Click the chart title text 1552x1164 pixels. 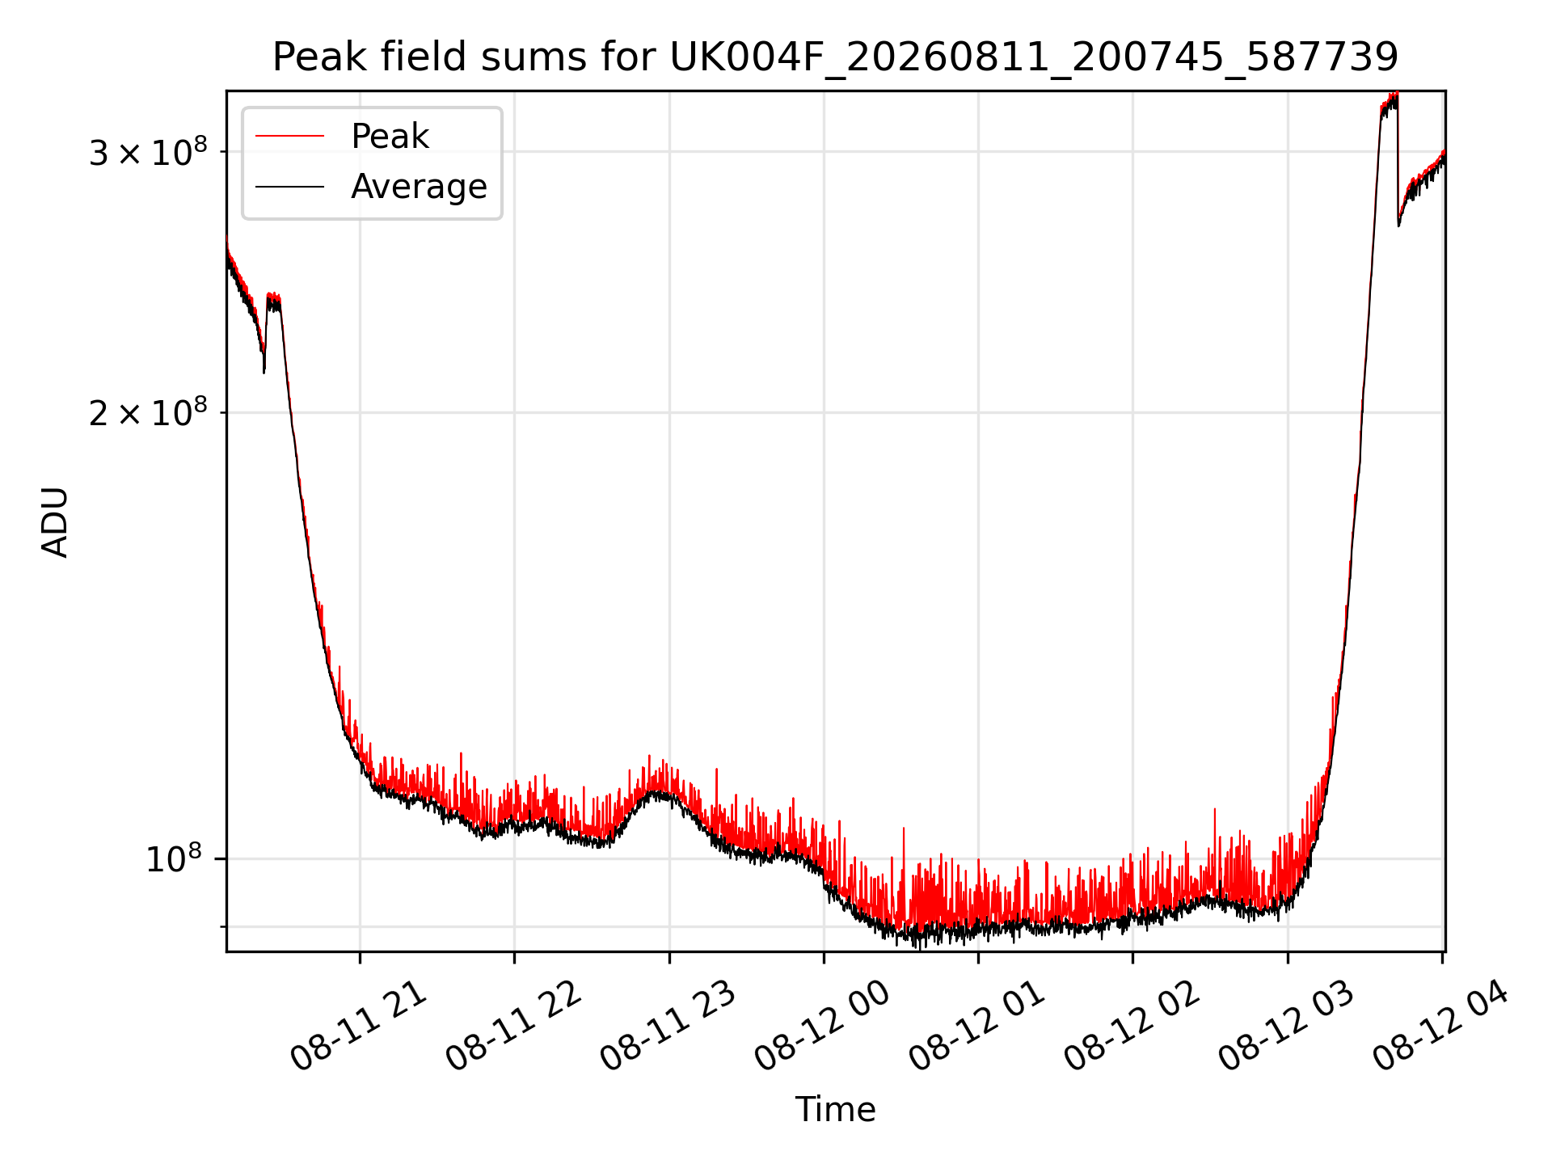point(835,57)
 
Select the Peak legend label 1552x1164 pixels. point(390,137)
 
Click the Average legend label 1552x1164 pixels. point(419,187)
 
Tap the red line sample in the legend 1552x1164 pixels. point(289,137)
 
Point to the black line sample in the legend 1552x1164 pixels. point(289,187)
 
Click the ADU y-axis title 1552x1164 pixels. point(55,521)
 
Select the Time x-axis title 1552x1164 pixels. point(835,1110)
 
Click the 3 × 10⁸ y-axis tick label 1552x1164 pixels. point(148,151)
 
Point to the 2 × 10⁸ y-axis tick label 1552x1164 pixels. point(148,412)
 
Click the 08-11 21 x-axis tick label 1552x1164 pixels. point(359,1027)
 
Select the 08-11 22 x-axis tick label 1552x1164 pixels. point(513,1027)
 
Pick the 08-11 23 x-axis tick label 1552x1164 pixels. point(668,1027)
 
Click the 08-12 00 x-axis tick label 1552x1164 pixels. point(823,1027)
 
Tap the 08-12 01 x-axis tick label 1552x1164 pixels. point(977,1027)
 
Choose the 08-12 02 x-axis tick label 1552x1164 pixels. point(1132,1027)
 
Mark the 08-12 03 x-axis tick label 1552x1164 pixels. point(1287,1027)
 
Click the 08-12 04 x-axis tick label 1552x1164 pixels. point(1441,1027)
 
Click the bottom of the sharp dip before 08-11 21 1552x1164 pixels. point(264,372)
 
